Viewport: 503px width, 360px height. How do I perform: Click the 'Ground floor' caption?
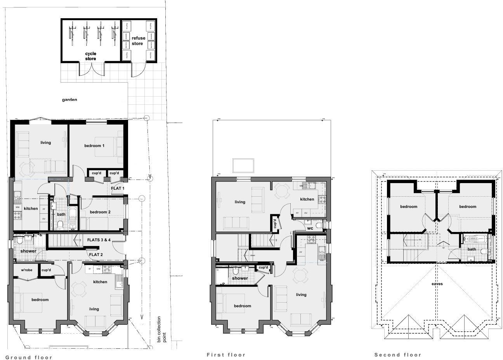(x=29, y=357)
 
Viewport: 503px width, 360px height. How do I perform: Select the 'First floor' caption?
(x=226, y=355)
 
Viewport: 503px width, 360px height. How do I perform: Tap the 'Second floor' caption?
(x=397, y=355)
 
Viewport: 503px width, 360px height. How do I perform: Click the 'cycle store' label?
(x=90, y=56)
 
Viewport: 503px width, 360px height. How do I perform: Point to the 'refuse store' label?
(x=138, y=41)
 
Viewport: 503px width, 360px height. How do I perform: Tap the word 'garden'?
(x=69, y=100)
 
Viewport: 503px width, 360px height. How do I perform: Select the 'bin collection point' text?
(x=161, y=329)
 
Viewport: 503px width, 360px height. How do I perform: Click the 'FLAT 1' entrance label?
(x=118, y=188)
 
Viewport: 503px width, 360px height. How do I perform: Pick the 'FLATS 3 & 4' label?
(x=99, y=240)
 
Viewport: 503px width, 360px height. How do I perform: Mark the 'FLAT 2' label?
(x=96, y=255)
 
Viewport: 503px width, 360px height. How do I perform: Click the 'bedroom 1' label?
(x=94, y=146)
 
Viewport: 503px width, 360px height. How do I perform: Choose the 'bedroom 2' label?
(x=100, y=212)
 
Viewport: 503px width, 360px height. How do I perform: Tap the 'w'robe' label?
(x=26, y=270)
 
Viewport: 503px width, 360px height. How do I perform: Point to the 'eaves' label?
(x=437, y=284)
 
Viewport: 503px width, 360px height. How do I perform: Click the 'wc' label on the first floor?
(x=310, y=228)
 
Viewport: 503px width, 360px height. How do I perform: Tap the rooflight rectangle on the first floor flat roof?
(x=243, y=166)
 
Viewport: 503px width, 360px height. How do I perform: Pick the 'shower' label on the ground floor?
(x=28, y=251)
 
